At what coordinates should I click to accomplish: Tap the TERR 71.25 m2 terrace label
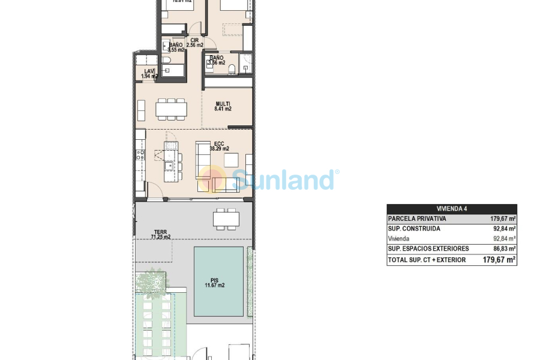(x=161, y=234)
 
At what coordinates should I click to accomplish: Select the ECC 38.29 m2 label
(x=219, y=146)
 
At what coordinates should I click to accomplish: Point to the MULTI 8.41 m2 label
(x=223, y=106)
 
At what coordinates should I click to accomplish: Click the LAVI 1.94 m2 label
(x=149, y=73)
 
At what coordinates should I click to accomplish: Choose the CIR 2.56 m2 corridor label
(x=194, y=43)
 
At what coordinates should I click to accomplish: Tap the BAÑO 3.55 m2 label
(x=176, y=47)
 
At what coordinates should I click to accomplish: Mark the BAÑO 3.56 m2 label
(x=216, y=60)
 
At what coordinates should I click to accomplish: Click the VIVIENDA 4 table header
(x=451, y=209)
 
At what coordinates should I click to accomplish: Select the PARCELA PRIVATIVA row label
(x=417, y=219)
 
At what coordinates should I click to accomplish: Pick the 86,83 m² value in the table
(x=503, y=249)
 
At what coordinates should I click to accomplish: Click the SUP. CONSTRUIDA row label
(x=414, y=229)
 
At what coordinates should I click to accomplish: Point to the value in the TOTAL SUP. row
(x=499, y=260)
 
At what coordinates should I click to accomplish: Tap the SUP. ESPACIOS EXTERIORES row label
(x=428, y=249)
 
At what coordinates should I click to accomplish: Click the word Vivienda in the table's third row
(x=400, y=239)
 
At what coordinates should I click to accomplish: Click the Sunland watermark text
(x=282, y=179)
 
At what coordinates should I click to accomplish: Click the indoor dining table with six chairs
(x=171, y=109)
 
